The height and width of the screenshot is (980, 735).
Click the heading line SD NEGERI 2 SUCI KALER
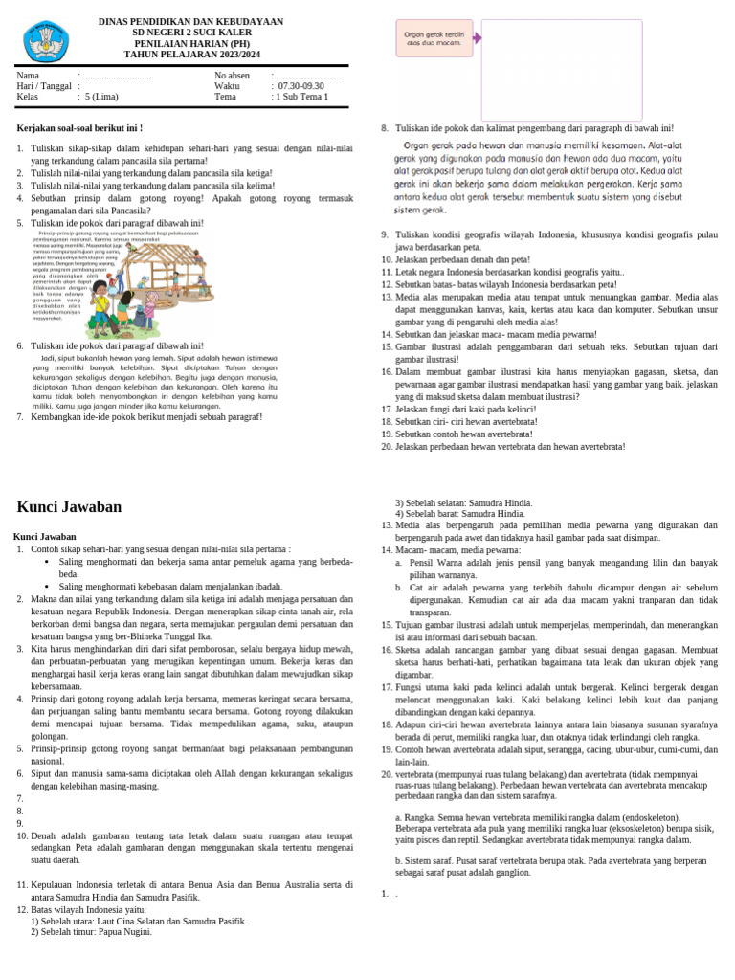click(190, 32)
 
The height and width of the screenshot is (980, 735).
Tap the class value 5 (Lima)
click(101, 97)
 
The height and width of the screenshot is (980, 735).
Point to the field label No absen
click(233, 75)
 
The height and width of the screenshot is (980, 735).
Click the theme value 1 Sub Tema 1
click(301, 97)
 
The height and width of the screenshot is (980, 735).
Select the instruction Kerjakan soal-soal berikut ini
click(80, 127)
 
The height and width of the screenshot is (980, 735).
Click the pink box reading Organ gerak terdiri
click(434, 38)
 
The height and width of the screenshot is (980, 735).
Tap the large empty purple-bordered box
click(561, 66)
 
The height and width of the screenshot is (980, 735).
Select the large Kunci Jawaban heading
click(70, 507)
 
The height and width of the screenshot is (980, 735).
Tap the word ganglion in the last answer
click(511, 873)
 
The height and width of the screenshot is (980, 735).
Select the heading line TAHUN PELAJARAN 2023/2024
click(190, 55)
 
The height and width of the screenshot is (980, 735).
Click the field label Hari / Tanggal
click(44, 85)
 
